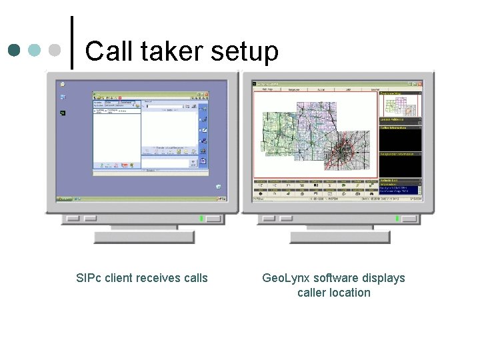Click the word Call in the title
pos(107,51)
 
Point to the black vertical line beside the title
pos(72,41)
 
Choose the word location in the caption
pos(347,293)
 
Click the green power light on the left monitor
pos(201,218)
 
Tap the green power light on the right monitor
pos(397,218)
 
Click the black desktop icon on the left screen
pos(62,113)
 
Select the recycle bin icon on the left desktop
pos(218,187)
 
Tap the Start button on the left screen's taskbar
pos(65,199)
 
